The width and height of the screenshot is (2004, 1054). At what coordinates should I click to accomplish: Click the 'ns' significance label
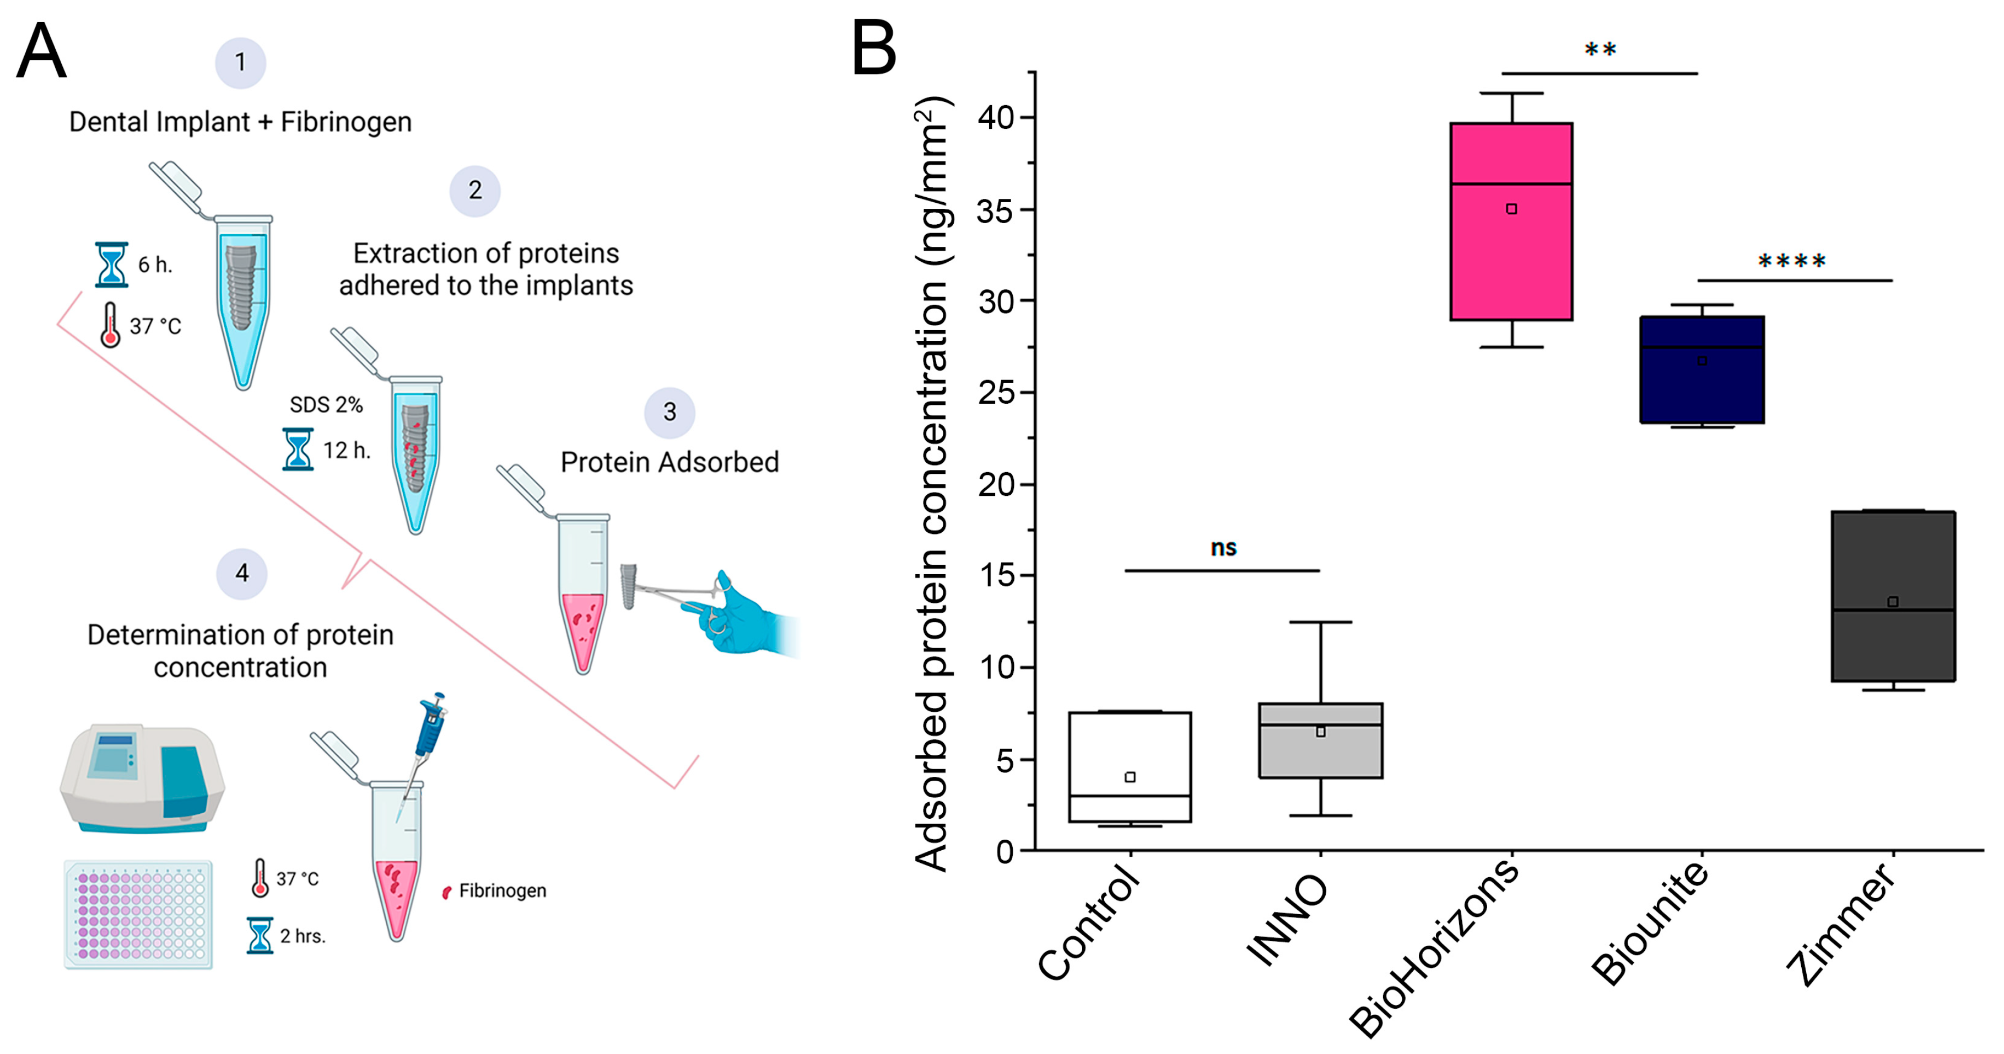tap(1223, 548)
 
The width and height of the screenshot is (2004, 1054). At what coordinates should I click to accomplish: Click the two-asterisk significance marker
tap(1600, 51)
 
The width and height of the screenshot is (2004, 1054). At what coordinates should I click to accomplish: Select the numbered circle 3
tap(669, 412)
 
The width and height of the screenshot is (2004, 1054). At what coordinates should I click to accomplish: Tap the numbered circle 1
tap(240, 62)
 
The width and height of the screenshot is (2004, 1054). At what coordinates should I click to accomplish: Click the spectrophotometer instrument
tap(142, 778)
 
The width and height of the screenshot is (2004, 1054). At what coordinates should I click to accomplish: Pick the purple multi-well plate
tap(138, 914)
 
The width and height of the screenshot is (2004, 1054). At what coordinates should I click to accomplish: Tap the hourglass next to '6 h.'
tap(111, 264)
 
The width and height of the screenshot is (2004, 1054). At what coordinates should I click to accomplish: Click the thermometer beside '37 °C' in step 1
tap(110, 325)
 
